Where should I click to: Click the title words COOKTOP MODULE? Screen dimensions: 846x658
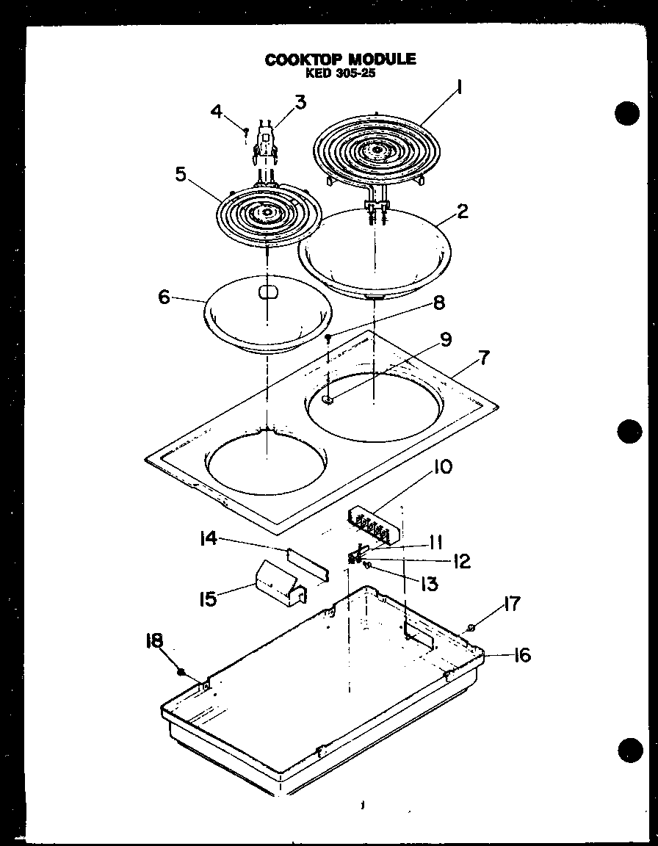340,59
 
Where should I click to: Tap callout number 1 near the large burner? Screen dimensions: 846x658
459,87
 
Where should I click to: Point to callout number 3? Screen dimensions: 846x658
300,101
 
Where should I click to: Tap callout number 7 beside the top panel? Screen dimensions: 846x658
483,359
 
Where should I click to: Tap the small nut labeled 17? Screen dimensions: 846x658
471,626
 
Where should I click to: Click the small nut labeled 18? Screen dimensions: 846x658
181,671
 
